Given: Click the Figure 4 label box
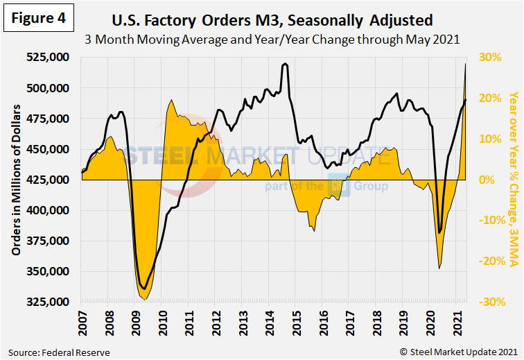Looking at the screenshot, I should click(39, 19).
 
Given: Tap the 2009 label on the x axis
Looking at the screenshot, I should click(135, 322).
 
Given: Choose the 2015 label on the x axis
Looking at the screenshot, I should click(295, 322).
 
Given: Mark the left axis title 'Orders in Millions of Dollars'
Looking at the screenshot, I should click(15, 179).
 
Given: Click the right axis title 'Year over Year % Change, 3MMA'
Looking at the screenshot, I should click(513, 179).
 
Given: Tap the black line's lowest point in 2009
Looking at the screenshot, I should click(143, 289).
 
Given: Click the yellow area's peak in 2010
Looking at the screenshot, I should click(171, 101).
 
